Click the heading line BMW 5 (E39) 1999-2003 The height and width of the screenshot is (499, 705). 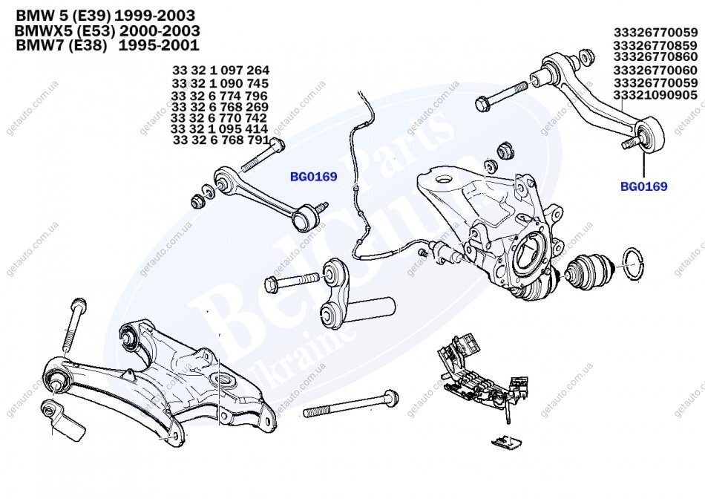tap(105, 15)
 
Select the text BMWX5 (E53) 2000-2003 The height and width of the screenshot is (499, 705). tap(107, 30)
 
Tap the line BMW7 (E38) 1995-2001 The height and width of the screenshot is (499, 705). tap(107, 45)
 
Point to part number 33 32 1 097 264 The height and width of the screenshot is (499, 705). tap(220, 71)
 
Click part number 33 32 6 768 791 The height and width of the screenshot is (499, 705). tap(220, 139)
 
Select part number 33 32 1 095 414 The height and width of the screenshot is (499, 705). tap(220, 128)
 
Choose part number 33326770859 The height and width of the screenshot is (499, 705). tap(655, 45)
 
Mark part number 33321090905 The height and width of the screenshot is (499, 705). tap(655, 95)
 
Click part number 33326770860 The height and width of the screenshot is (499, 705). tap(655, 57)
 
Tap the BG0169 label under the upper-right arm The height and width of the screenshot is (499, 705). tap(643, 186)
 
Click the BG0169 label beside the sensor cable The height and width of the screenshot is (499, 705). tap(313, 177)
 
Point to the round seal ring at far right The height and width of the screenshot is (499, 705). tap(632, 264)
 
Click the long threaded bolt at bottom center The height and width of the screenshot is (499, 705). tap(352, 404)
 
